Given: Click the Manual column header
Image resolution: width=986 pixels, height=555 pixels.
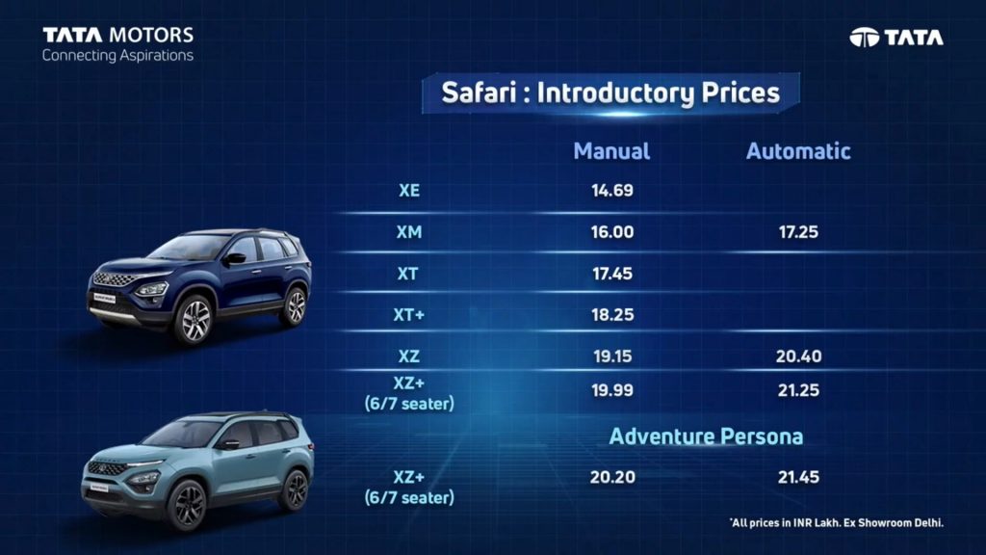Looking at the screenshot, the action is tap(611, 151).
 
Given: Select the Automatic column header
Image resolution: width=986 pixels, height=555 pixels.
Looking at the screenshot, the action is tap(798, 151).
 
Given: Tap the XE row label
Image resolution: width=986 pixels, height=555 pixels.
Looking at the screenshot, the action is tap(408, 191).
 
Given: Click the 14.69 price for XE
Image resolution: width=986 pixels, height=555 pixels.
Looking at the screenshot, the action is tap(611, 191).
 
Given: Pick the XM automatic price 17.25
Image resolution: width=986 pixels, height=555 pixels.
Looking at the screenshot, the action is tap(798, 232).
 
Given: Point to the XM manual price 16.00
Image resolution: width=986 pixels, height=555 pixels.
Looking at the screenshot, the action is tap(611, 232).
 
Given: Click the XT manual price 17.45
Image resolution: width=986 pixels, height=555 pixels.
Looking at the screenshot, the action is tap(611, 274).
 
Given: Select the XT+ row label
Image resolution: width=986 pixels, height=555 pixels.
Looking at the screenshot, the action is tap(408, 315).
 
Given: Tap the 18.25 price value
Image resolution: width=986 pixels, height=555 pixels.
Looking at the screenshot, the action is tap(611, 315).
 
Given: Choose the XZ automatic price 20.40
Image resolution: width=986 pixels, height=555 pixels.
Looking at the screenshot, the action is tap(798, 357).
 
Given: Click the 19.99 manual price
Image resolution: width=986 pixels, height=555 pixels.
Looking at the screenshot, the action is tap(611, 391).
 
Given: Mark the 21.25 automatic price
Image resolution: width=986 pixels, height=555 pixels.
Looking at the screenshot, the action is tap(798, 391).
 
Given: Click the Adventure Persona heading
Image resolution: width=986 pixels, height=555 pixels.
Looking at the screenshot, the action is tap(706, 436).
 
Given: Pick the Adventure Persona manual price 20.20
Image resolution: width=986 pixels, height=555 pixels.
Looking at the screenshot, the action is tap(611, 478).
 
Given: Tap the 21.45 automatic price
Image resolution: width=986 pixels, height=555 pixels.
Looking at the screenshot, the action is tap(798, 478).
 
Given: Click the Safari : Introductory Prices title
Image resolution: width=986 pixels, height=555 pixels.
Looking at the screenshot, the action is tap(610, 93).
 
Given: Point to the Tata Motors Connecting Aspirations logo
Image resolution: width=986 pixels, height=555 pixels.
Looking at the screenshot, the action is tap(117, 44).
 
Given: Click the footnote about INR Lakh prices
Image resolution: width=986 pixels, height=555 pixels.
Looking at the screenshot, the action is tap(837, 523).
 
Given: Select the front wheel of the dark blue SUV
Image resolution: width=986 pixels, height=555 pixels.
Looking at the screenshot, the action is tap(195, 320).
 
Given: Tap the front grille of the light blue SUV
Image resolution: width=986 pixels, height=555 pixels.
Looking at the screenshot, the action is tap(108, 469).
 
